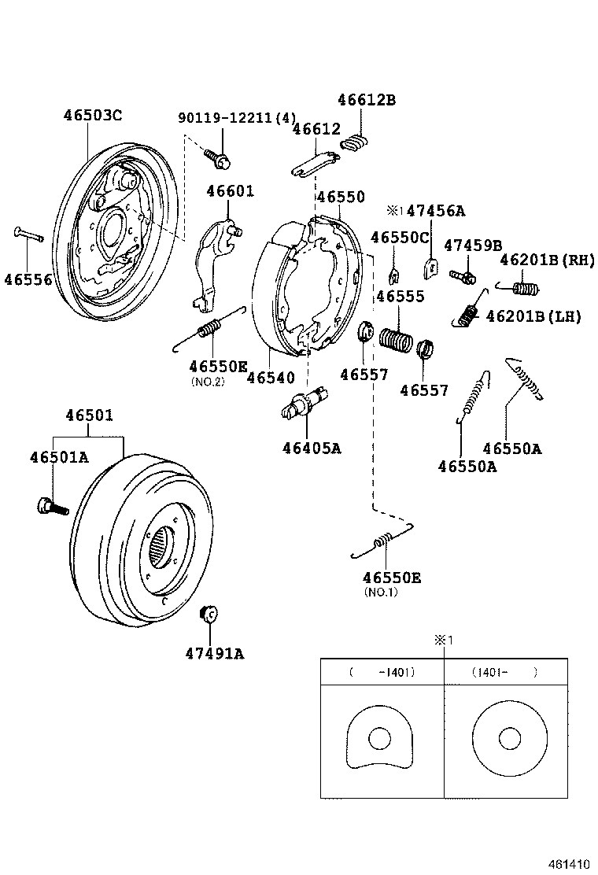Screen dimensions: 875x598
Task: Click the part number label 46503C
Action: [x=92, y=115]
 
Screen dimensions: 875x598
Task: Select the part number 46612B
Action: [x=366, y=100]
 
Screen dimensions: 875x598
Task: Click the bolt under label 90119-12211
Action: [x=220, y=161]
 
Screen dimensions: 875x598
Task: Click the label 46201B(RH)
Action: [x=547, y=260]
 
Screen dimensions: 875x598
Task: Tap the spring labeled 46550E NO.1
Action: [x=385, y=540]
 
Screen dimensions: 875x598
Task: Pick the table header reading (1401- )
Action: [x=504, y=673]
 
